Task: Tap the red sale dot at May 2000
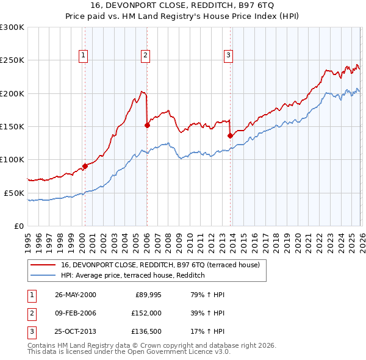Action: tap(85, 166)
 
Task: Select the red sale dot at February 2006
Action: tap(147, 125)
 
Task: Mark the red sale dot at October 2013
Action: tap(230, 135)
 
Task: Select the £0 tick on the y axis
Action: tap(18, 226)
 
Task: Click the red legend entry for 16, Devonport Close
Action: tap(160, 265)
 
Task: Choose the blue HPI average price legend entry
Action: tap(132, 276)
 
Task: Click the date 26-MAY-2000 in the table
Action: tap(75, 295)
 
